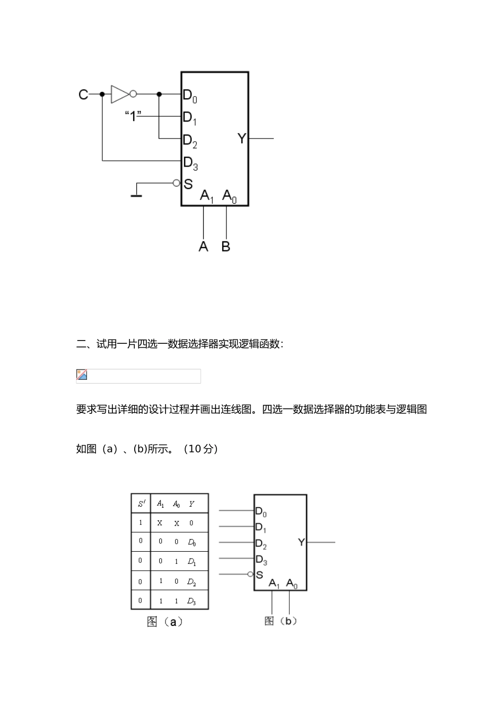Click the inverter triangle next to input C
(x=119, y=94)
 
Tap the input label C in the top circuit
(x=83, y=94)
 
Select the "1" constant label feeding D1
(x=133, y=116)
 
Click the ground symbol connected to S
(x=136, y=194)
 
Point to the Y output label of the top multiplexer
(x=242, y=138)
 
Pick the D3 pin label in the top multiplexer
(x=190, y=163)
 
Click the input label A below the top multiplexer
(x=203, y=246)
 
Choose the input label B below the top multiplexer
(x=226, y=246)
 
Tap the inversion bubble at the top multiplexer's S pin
(x=177, y=183)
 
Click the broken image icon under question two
(x=82, y=375)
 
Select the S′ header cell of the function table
(x=141, y=503)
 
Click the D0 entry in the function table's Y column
(x=192, y=542)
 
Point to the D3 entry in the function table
(x=192, y=601)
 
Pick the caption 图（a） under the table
(x=164, y=622)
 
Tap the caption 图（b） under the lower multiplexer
(x=281, y=621)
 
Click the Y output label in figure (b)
(x=301, y=542)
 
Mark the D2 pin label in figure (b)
(x=260, y=544)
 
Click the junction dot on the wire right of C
(x=102, y=94)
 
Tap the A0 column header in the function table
(x=176, y=504)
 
